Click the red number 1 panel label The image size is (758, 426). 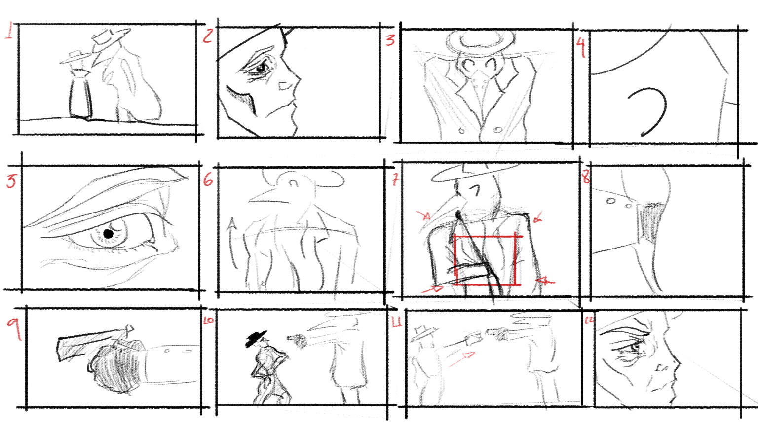click(8, 31)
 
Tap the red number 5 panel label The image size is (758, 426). click(11, 181)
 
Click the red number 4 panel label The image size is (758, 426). click(581, 48)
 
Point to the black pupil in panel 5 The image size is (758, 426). click(108, 233)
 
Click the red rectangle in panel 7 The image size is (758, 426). click(487, 260)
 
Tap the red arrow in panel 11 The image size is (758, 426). click(462, 358)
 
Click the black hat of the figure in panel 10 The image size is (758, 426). click(256, 338)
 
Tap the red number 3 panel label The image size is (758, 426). click(390, 39)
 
